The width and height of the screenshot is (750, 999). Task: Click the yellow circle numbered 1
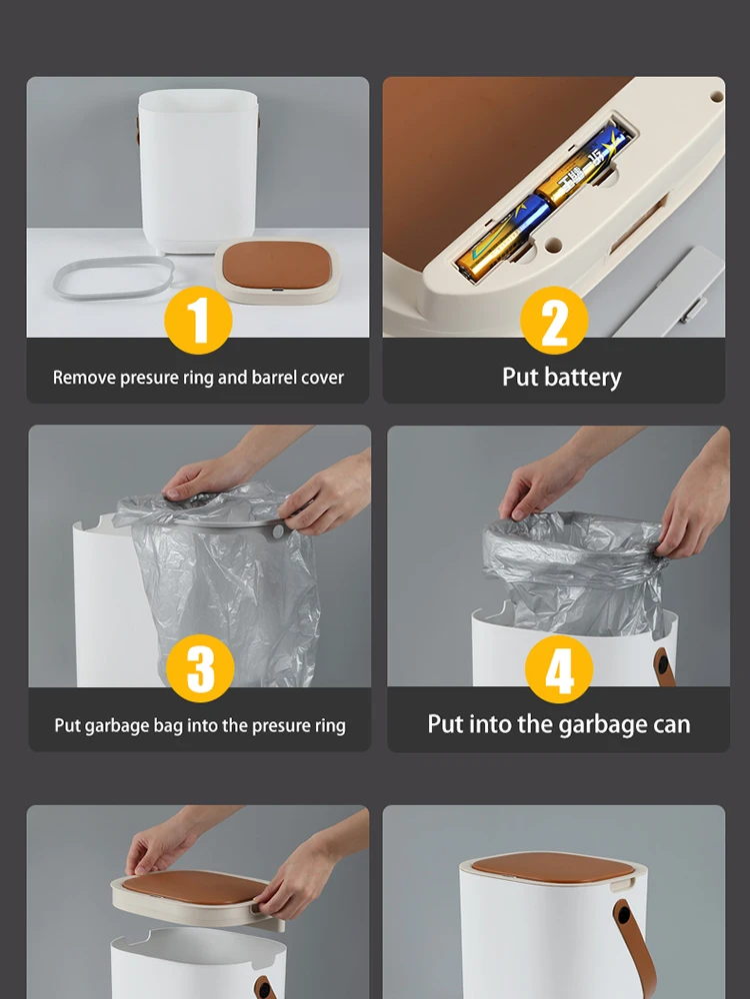pos(198,320)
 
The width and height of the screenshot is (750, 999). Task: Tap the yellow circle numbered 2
pos(554,320)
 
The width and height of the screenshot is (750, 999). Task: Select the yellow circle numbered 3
pos(200,668)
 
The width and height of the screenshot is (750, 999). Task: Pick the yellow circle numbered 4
pos(559,669)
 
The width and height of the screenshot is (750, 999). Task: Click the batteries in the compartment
pos(541,203)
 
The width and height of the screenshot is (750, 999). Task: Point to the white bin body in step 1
pos(197,170)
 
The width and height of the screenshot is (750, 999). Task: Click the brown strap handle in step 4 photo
pos(664,666)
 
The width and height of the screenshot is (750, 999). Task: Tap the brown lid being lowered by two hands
pos(195,888)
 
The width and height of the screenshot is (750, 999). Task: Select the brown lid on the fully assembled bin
pos(554,868)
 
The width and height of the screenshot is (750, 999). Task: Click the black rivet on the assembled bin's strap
pos(624,915)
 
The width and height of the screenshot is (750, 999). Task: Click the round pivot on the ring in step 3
pos(278,530)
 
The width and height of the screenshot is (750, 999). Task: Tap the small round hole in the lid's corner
pos(716,97)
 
